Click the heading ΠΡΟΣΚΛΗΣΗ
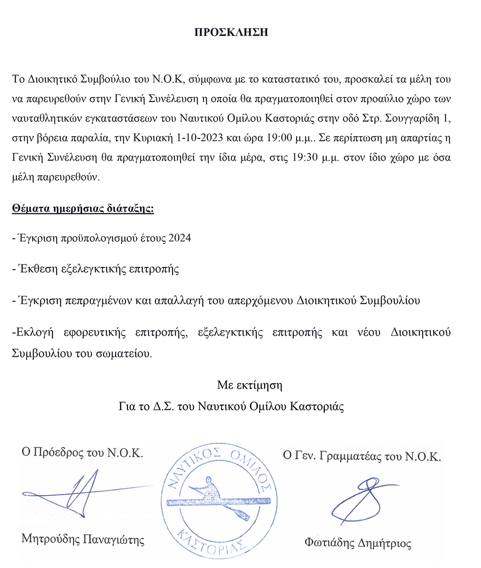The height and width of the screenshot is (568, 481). [230, 33]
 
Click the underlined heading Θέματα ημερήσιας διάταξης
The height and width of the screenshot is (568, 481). [83, 209]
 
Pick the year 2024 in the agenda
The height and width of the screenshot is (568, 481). [179, 239]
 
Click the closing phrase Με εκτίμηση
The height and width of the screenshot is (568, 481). [249, 385]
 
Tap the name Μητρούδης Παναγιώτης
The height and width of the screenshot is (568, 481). [83, 538]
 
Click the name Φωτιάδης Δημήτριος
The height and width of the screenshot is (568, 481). [358, 543]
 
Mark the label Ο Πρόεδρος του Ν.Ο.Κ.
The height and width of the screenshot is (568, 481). [82, 453]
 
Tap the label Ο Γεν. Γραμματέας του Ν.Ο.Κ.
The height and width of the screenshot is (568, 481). [361, 456]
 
